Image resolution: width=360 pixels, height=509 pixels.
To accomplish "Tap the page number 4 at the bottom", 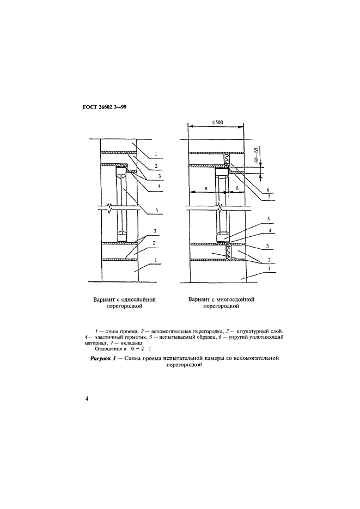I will click(x=87, y=400).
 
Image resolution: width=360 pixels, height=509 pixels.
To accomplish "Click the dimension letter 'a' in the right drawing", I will click(x=205, y=187).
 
